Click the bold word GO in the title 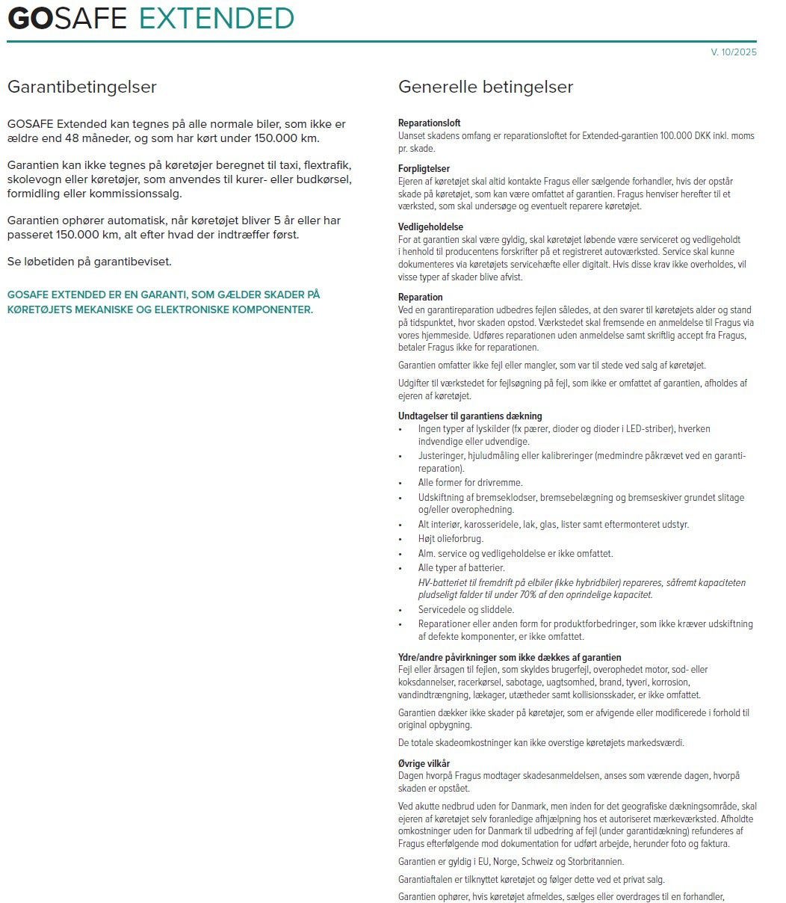pyautogui.click(x=30, y=18)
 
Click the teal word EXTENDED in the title pyautogui.click(x=217, y=18)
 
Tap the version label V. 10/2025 pyautogui.click(x=734, y=52)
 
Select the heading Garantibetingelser pyautogui.click(x=82, y=87)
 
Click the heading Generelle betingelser pyautogui.click(x=486, y=87)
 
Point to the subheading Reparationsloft pyautogui.click(x=429, y=123)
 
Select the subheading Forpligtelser pyautogui.click(x=424, y=169)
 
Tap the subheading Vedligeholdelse pyautogui.click(x=430, y=226)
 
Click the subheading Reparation pyautogui.click(x=421, y=298)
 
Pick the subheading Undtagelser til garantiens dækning pyautogui.click(x=470, y=416)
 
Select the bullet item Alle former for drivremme pyautogui.click(x=470, y=483)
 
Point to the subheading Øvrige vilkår pyautogui.click(x=424, y=763)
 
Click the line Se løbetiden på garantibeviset pyautogui.click(x=90, y=262)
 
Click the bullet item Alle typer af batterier pyautogui.click(x=461, y=568)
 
